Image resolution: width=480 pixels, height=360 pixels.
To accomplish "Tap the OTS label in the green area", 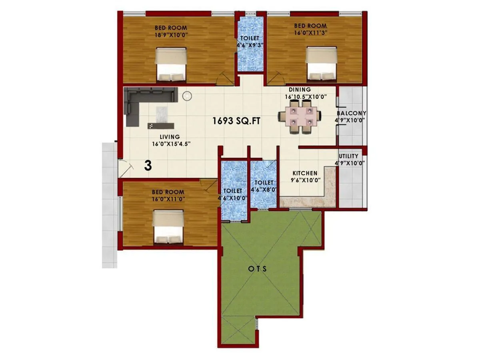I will point(254,269).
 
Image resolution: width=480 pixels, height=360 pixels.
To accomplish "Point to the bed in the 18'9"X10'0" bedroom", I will point(171,65).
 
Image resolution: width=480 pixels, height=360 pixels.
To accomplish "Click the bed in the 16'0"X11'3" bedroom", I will point(322,65).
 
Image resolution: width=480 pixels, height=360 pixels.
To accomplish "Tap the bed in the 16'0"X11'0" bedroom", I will point(168,228).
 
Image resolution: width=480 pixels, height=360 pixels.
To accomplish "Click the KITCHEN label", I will point(305,173).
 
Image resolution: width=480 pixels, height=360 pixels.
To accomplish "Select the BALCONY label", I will point(351,113).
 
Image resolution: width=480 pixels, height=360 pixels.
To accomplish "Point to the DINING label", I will point(300,90).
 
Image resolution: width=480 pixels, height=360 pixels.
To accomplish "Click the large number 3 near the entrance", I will point(148,166).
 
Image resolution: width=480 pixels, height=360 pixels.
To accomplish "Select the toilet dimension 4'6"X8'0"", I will point(264,190).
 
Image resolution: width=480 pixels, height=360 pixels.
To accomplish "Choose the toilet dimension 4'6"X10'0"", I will point(233,198).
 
